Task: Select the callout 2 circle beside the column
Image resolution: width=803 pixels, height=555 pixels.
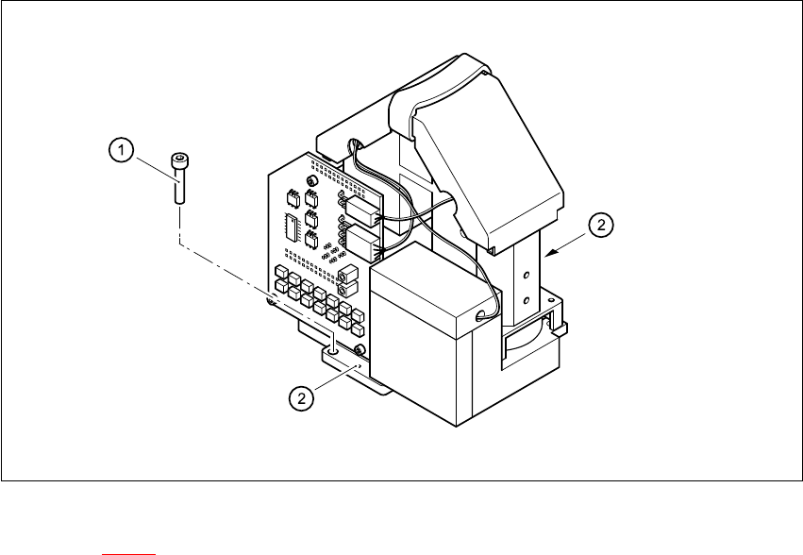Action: pyautogui.click(x=601, y=226)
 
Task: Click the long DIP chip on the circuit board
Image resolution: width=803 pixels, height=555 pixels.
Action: pyautogui.click(x=289, y=227)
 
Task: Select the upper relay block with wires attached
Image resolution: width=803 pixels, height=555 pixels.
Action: pyautogui.click(x=361, y=208)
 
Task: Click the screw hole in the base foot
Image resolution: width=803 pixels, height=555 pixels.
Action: pyautogui.click(x=332, y=349)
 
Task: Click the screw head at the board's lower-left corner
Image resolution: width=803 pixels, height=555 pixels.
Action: pyautogui.click(x=272, y=302)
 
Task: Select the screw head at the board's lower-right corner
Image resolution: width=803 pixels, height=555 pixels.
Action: pyautogui.click(x=360, y=350)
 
